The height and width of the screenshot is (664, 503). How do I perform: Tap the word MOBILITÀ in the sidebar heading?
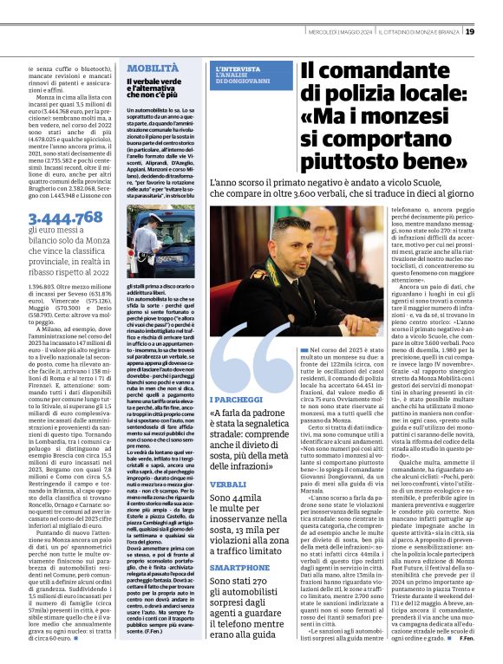tap(154, 68)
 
